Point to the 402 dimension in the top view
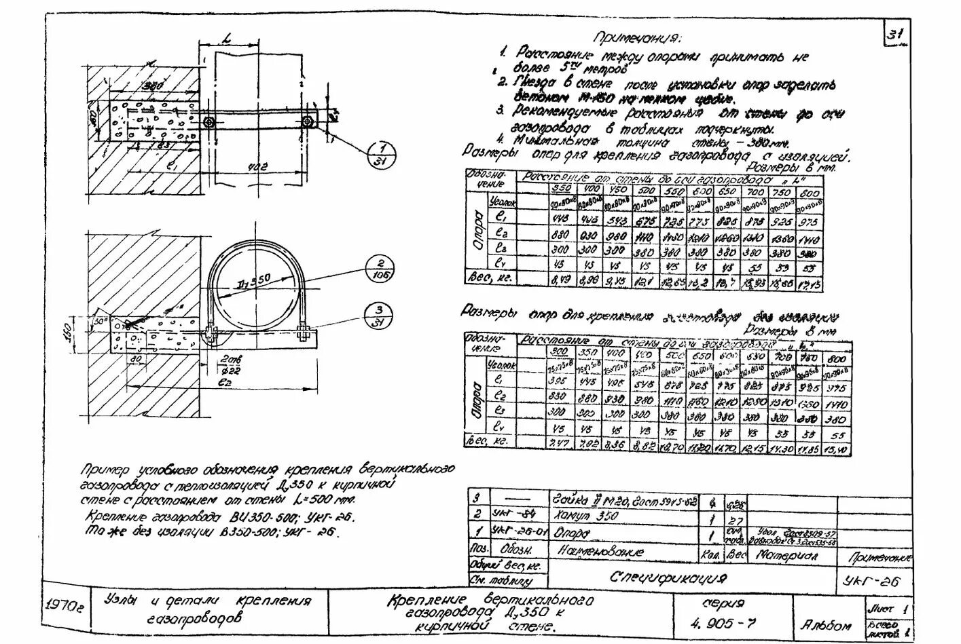[x=257, y=165]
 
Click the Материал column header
[x=787, y=554]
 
